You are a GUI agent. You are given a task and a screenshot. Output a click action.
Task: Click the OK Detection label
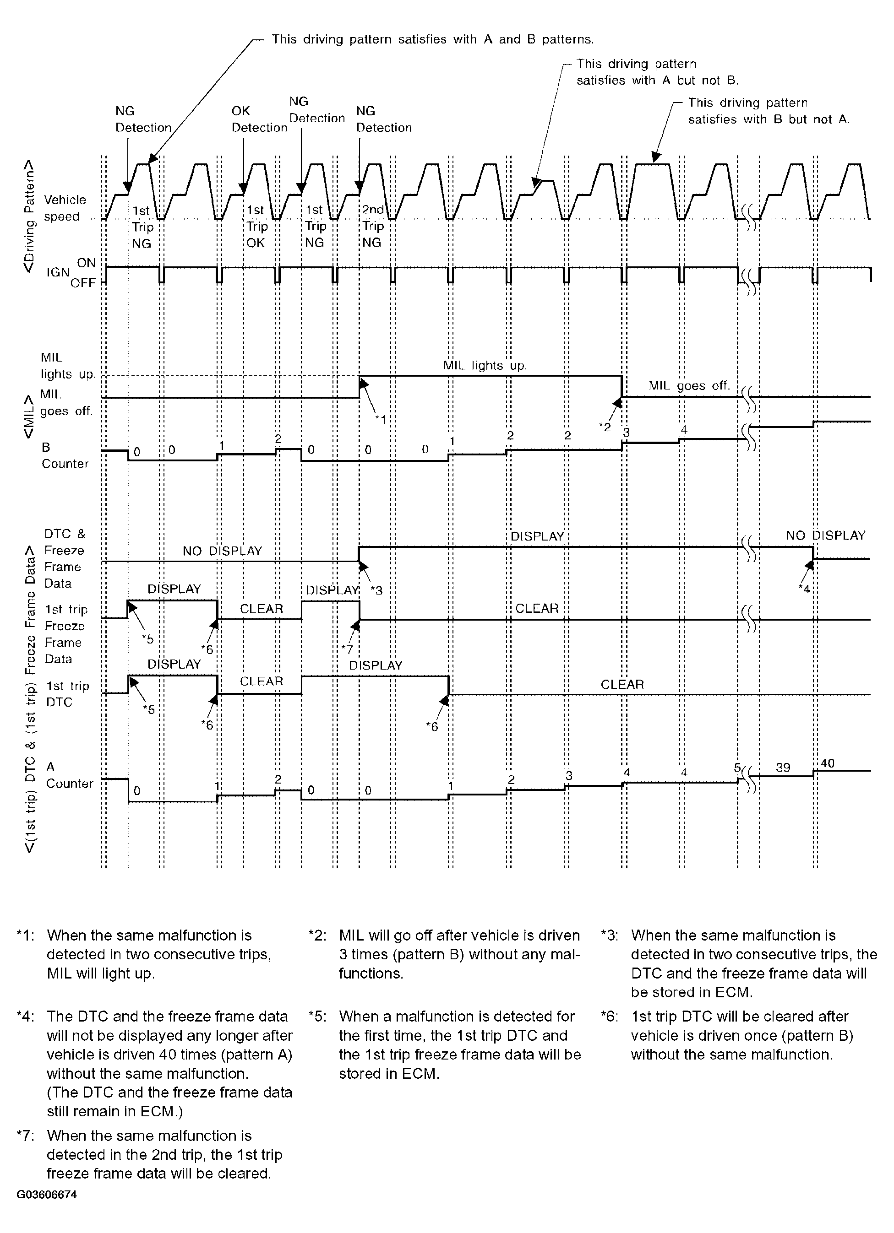pos(259,119)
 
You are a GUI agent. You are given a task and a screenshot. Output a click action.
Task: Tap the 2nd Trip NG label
pos(373,226)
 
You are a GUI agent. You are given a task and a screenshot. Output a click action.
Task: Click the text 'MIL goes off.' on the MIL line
pos(689,386)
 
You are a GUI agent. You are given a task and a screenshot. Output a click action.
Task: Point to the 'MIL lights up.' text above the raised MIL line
pos(485,365)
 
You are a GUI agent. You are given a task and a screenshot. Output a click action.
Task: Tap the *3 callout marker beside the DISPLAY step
pos(376,590)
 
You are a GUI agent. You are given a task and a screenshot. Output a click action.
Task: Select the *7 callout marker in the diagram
pos(347,649)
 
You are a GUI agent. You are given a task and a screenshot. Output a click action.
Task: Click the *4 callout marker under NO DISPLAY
pos(804,588)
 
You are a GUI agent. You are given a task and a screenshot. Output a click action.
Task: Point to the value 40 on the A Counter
pos(827,763)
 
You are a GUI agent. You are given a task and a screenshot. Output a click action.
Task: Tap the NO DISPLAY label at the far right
pos(825,535)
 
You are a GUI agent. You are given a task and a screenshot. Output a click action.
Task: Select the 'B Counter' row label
pos(64,455)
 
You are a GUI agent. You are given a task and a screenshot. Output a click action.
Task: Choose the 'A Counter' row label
pos(69,775)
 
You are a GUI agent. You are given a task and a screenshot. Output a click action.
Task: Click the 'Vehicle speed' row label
pos(64,208)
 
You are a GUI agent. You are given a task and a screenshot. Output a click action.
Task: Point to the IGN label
pos(58,272)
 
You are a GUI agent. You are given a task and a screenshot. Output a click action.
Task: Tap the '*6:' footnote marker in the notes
pos(610,1017)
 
